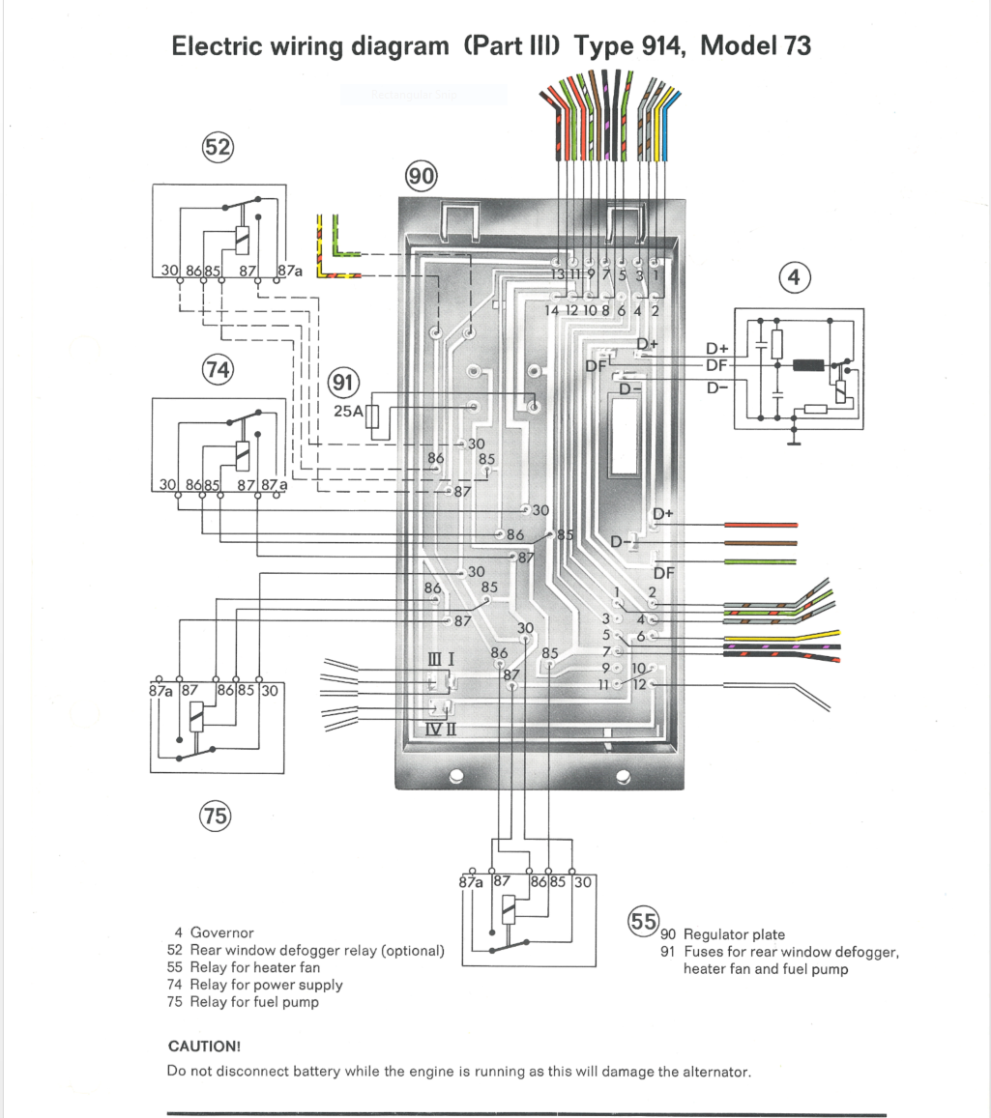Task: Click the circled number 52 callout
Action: pyautogui.click(x=217, y=148)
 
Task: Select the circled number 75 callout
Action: pyautogui.click(x=215, y=817)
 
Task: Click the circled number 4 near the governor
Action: pyautogui.click(x=795, y=278)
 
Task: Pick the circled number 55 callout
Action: pyautogui.click(x=644, y=921)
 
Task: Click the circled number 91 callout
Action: pyautogui.click(x=343, y=382)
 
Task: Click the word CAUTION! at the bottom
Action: pyautogui.click(x=204, y=1046)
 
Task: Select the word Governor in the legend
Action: pyautogui.click(x=222, y=932)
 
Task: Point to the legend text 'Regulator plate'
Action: pyautogui.click(x=734, y=934)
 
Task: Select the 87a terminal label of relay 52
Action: pyautogui.click(x=290, y=272)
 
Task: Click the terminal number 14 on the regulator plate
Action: pyautogui.click(x=552, y=311)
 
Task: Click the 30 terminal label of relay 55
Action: pyautogui.click(x=583, y=882)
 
